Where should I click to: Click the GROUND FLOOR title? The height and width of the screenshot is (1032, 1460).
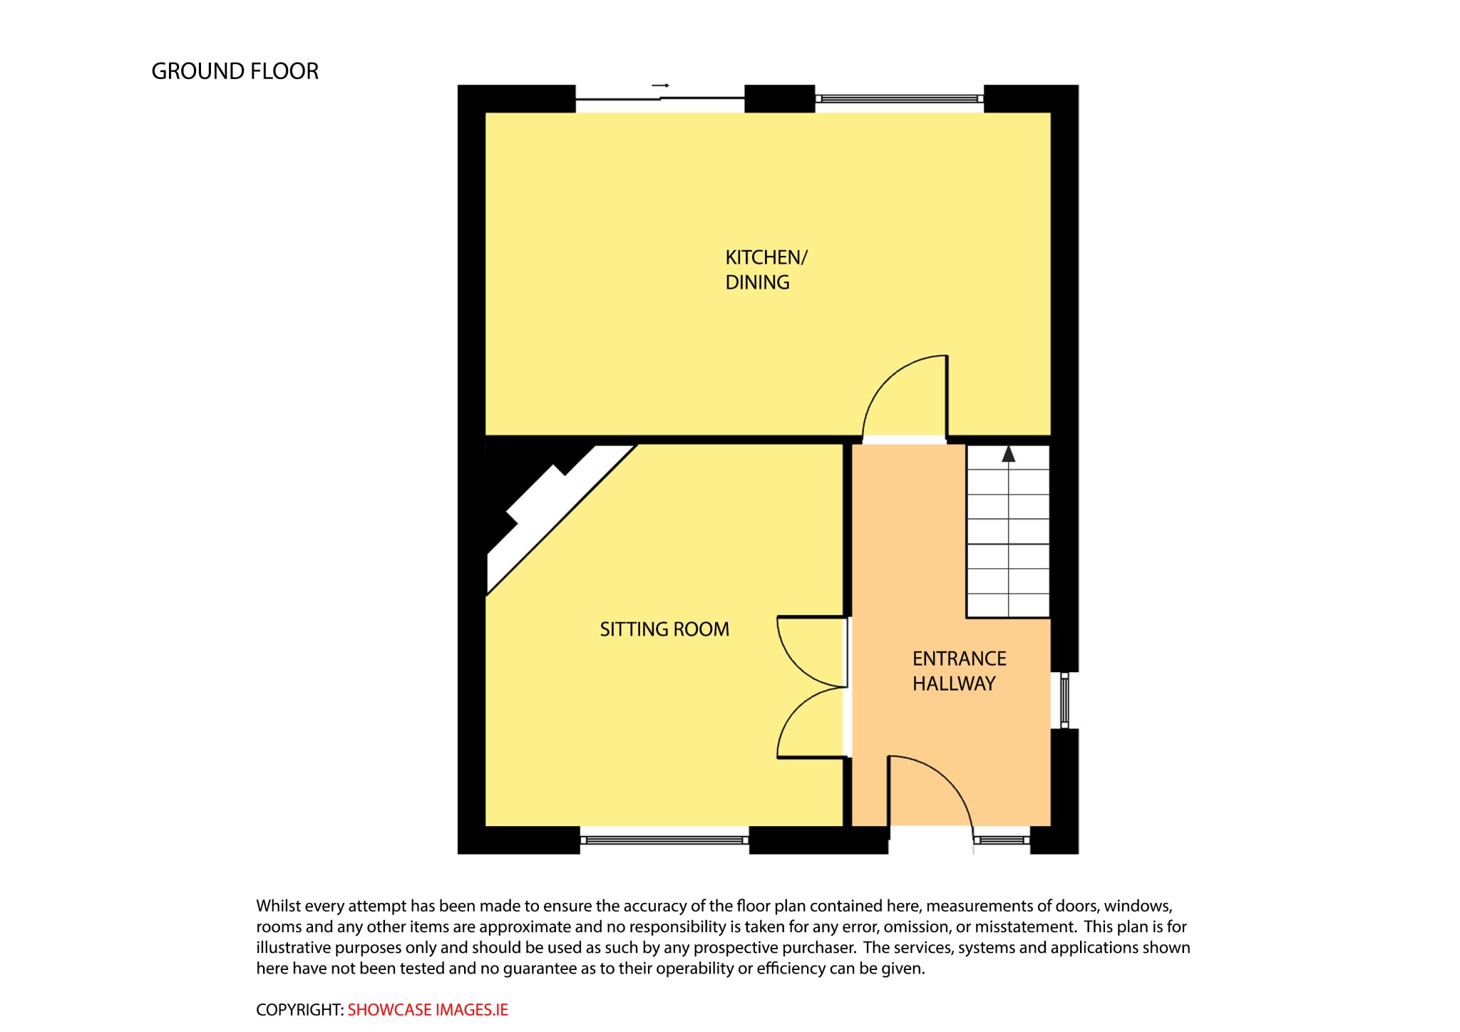click(235, 71)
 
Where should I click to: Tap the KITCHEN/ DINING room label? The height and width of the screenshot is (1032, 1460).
click(766, 269)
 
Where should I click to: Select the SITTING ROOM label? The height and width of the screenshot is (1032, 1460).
click(664, 629)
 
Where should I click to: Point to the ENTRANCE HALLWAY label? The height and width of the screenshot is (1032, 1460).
click(960, 671)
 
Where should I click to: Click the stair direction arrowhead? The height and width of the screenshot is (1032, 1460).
click(1008, 454)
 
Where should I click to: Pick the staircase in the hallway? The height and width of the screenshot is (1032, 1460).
click(1008, 531)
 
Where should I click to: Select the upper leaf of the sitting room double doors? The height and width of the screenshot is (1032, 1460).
click(798, 663)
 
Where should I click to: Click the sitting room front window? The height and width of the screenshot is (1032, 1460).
click(664, 840)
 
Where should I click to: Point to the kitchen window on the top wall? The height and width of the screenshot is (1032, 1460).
click(900, 98)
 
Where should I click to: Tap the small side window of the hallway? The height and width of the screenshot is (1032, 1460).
click(1064, 700)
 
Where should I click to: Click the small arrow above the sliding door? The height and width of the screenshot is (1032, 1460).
click(660, 86)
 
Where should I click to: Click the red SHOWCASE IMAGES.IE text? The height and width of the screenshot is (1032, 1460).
click(428, 1010)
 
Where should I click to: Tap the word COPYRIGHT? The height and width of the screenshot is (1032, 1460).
click(299, 1010)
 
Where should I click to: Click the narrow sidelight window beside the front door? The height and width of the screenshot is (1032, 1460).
click(1002, 840)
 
